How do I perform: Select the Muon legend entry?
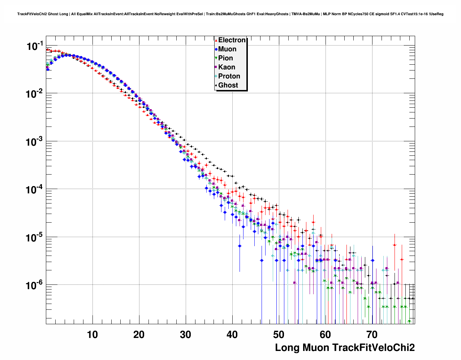coord(227,49)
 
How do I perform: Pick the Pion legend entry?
coord(225,58)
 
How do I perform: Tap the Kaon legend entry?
coord(227,67)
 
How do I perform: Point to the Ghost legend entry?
coord(228,85)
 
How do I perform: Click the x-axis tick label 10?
coord(92,335)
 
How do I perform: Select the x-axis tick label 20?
coord(139,335)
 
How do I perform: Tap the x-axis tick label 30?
coord(185,335)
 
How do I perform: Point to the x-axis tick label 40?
coord(232,335)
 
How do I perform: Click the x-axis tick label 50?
coord(279,335)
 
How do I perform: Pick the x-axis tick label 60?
coord(325,335)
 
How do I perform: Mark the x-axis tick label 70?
coord(372,335)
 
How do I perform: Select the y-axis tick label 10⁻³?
coord(35,142)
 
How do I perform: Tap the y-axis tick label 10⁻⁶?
coord(35,285)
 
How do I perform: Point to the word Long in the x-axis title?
coord(287,348)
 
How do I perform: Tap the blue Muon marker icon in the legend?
coord(216,49)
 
